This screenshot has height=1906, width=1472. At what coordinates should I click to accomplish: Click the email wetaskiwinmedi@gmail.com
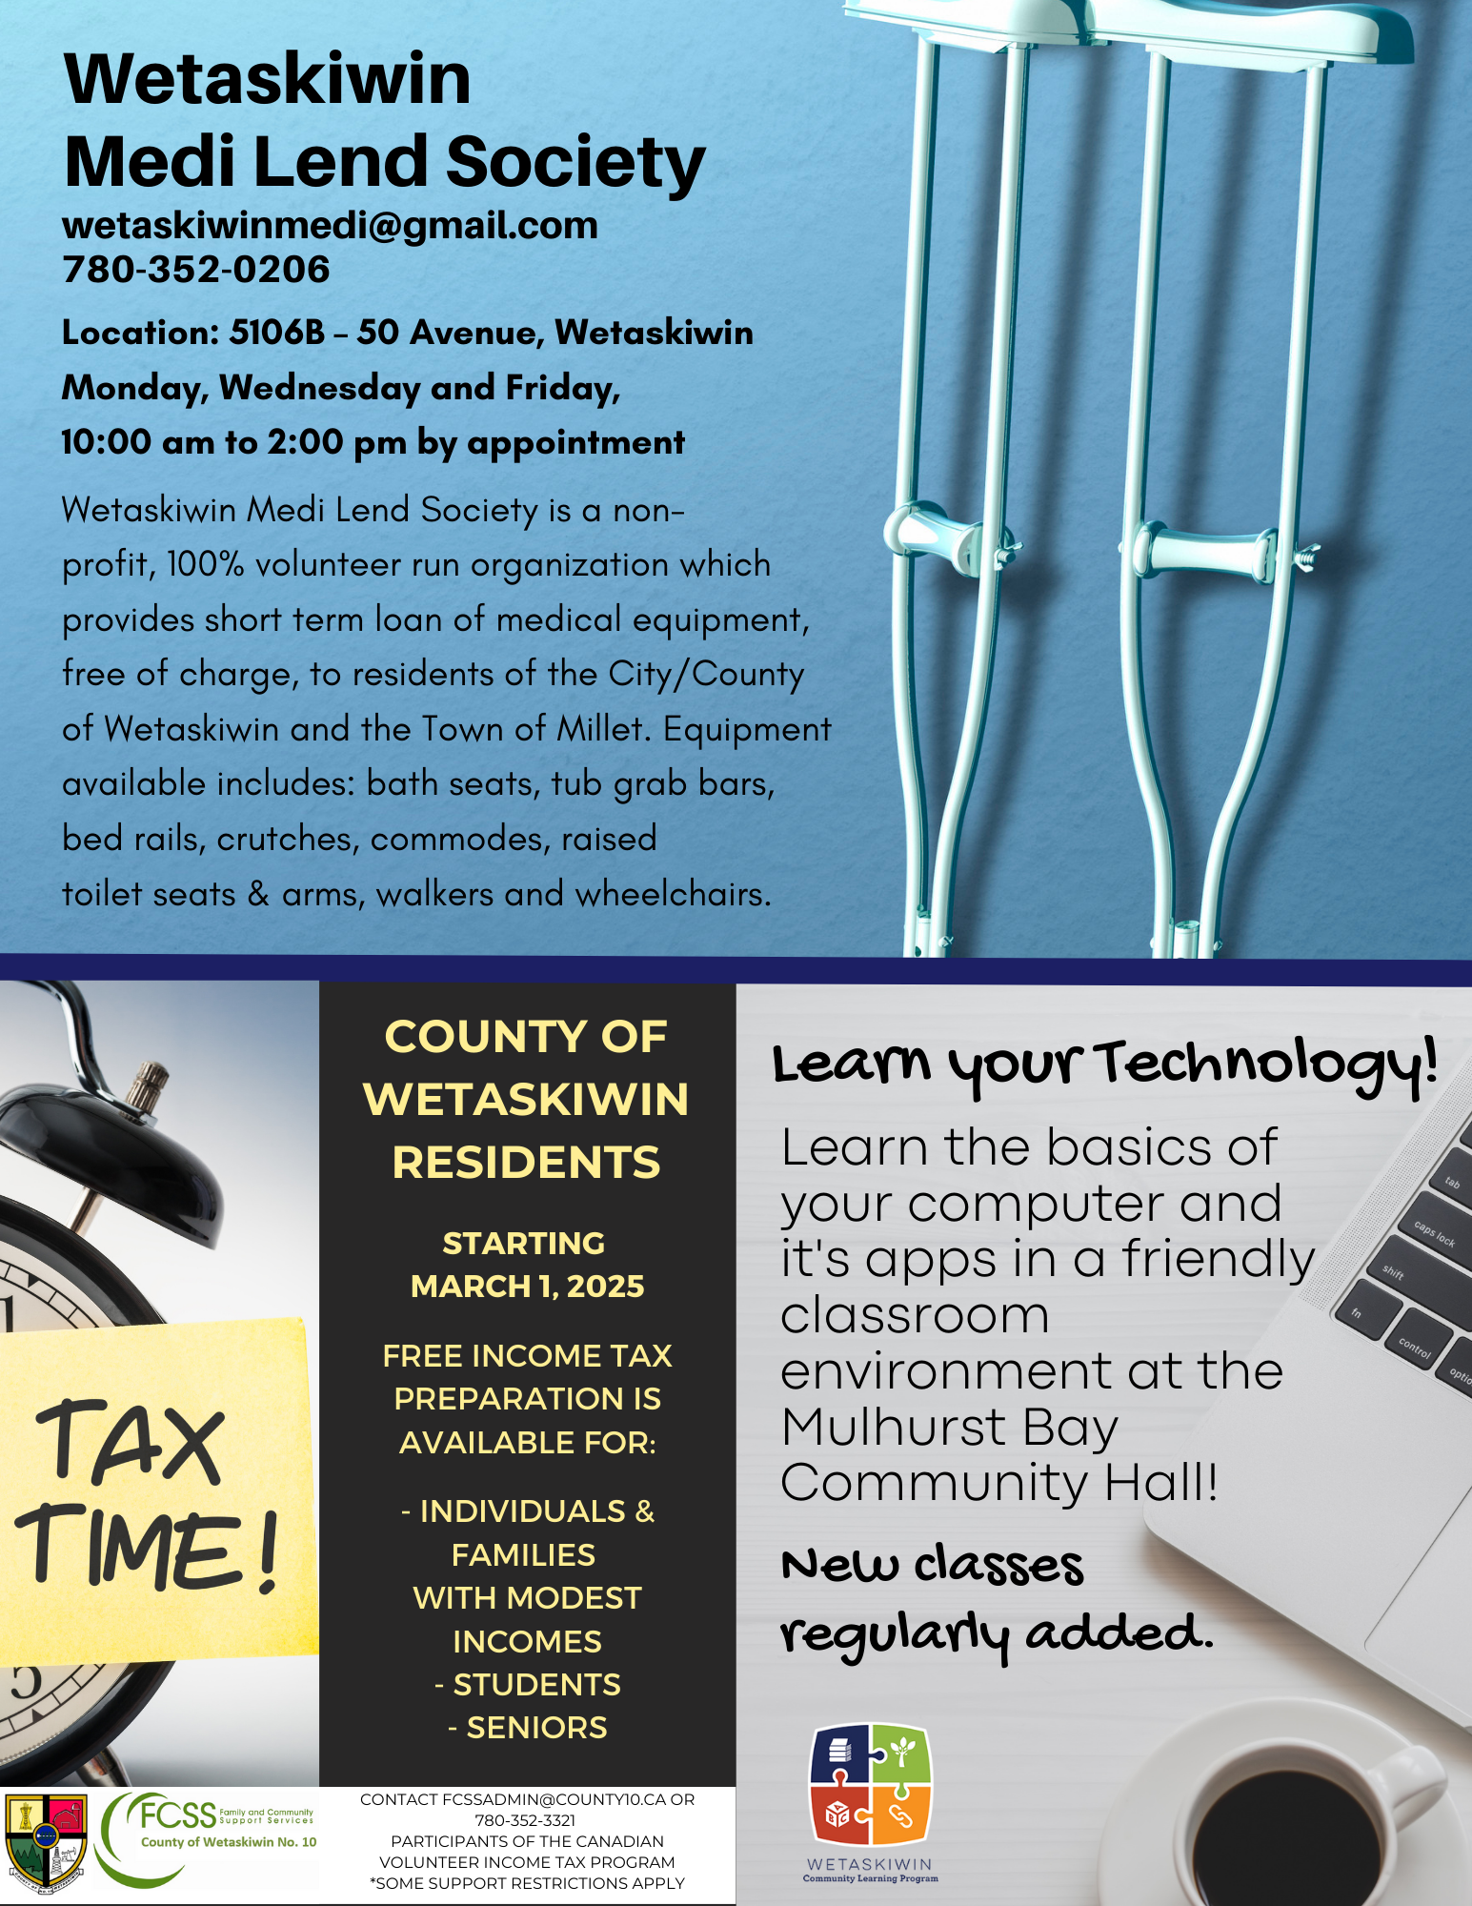coord(330,226)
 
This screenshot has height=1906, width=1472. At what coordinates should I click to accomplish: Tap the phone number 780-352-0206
coord(196,270)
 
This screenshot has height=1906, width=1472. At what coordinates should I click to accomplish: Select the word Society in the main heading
coord(575,162)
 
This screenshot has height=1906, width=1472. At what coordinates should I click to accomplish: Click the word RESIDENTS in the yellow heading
coord(526,1163)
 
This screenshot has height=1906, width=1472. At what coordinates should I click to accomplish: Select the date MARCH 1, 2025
coord(527,1287)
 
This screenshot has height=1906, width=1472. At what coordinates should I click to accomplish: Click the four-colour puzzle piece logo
coord(870,1783)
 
